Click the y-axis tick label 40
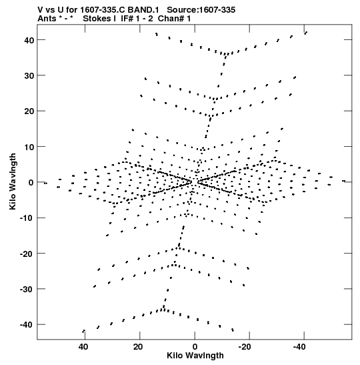tap(29, 40)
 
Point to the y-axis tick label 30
tap(29, 76)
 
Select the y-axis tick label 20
tap(29, 111)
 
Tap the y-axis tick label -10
tap(27, 218)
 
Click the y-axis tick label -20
tap(27, 254)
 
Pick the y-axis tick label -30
tap(27, 290)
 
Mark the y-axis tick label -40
tap(27, 325)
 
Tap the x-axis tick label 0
tap(195, 347)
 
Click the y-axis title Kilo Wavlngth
tap(13, 181)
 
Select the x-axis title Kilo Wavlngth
tap(195, 356)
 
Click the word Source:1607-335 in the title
tap(201, 10)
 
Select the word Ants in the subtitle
tap(47, 19)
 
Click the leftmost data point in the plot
tap(45, 184)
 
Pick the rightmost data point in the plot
tap(343, 181)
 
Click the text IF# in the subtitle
tap(127, 19)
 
